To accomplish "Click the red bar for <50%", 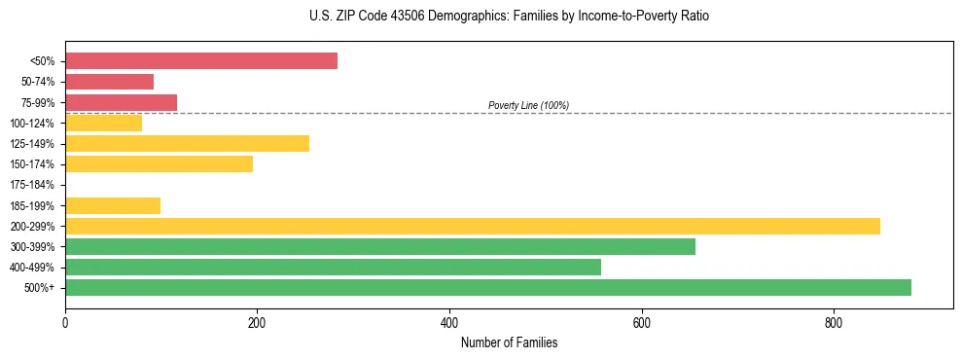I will tap(201, 61).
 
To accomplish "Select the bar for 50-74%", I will tap(109, 82).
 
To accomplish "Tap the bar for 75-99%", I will tap(121, 102).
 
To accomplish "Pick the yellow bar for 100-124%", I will tap(103, 124).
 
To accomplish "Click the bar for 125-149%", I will tap(187, 144).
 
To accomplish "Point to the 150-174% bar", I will tap(159, 164).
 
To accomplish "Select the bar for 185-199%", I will tap(113, 205).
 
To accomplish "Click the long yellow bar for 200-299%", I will tap(472, 226).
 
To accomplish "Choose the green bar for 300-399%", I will tap(379, 246).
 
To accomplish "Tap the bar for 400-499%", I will tap(333, 268).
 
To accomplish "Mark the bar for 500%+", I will tap(487, 288).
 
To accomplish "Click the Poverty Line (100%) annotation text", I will tap(528, 105).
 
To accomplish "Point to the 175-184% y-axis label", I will tap(32, 185).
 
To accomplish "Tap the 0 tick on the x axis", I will tap(65, 322).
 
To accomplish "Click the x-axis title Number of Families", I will tap(509, 342).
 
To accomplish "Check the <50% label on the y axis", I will tap(43, 61).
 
